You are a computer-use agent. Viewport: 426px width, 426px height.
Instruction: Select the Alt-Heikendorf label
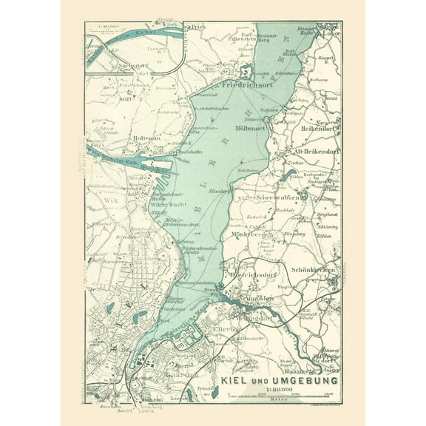311,152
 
